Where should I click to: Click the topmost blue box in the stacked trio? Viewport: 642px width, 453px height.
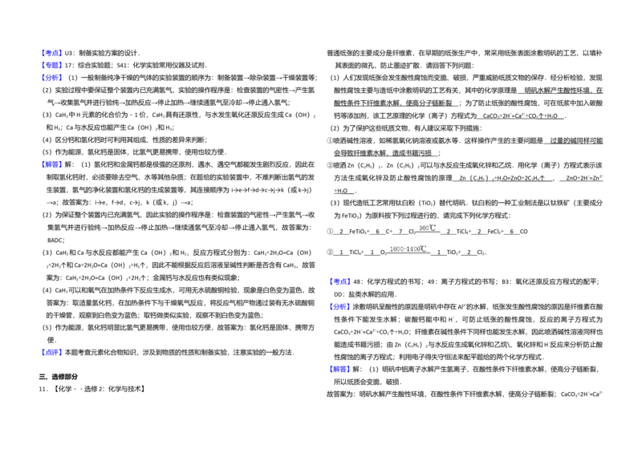[52, 53]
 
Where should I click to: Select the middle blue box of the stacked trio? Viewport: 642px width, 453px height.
[52, 65]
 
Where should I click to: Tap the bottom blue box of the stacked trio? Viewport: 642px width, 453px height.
[52, 78]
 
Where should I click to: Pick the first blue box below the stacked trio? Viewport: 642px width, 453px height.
[52, 165]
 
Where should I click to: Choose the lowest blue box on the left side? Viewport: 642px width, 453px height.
[52, 352]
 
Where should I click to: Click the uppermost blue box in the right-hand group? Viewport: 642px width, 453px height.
[340, 281]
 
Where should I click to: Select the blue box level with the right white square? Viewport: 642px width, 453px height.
[340, 307]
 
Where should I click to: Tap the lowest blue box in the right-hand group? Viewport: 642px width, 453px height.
[340, 370]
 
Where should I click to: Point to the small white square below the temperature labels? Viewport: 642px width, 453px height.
[401, 298]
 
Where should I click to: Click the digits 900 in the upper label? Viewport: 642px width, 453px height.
[423, 229]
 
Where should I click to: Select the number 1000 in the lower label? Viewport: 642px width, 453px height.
[396, 249]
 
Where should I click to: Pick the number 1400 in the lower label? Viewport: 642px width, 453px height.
[412, 249]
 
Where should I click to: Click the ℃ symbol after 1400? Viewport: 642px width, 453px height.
[423, 249]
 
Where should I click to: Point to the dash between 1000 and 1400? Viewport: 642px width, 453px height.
[404, 249]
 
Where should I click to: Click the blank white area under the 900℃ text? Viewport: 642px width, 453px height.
[427, 238]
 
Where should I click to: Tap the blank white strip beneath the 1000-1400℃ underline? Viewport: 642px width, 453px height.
[410, 259]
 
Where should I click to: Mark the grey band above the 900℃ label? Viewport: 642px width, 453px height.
[426, 221]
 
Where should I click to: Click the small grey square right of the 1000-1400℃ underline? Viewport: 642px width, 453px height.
[434, 253]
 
